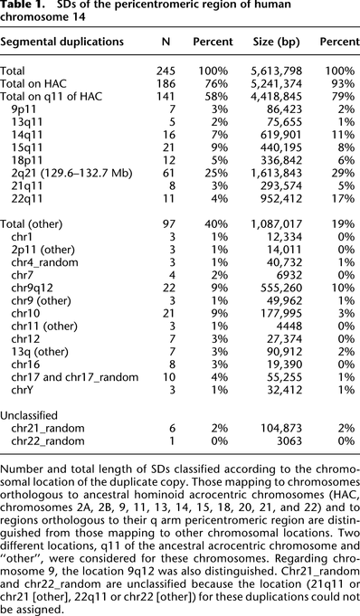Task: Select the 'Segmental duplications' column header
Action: tap(63, 43)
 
